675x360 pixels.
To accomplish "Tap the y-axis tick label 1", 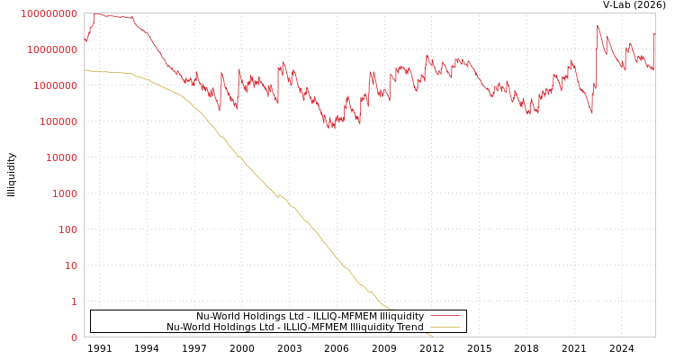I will coord(74,301).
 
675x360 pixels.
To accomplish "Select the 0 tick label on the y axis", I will coord(74,337).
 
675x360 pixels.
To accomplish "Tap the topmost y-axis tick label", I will coord(49,13).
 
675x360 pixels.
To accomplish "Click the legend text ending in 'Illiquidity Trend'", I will coord(294,327).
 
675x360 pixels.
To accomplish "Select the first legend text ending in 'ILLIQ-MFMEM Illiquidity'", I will coord(310,316).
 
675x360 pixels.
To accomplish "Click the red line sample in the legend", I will coord(445,316).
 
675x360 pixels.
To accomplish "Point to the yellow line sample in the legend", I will coord(445,327).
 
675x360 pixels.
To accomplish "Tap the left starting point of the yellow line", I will coord(85,70).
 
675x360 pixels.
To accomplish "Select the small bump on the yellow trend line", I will coord(278,193).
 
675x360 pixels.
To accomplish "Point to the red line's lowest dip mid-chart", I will coord(329,127).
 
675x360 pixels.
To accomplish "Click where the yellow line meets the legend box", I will coord(390,310).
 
